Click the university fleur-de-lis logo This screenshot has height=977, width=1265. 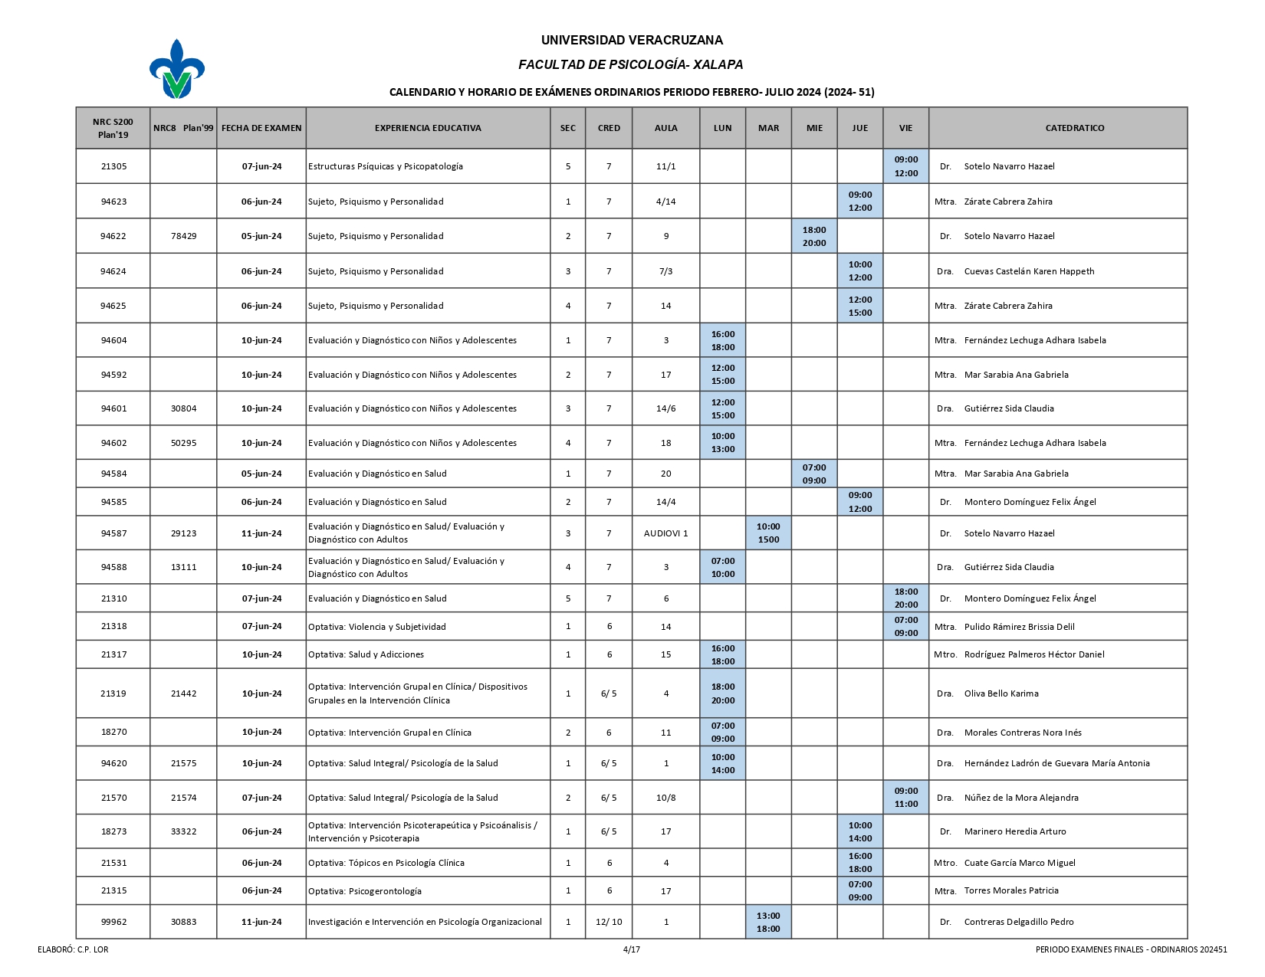(x=177, y=70)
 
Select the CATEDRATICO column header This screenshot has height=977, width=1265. (x=1074, y=128)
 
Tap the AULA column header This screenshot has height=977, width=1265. (x=665, y=128)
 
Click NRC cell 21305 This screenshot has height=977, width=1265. (x=114, y=166)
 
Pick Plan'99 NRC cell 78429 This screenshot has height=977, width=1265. (x=184, y=236)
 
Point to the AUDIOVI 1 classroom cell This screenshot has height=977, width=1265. (x=665, y=533)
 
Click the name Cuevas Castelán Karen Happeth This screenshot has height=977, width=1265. (x=1029, y=271)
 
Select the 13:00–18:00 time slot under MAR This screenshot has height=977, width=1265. (x=768, y=922)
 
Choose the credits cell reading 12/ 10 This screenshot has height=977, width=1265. (x=609, y=922)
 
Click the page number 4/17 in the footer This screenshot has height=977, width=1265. (x=632, y=949)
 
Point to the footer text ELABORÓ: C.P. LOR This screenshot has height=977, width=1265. (x=73, y=949)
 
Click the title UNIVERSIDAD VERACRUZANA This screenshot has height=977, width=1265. (x=632, y=41)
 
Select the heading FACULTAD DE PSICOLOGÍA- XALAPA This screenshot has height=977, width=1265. (x=630, y=65)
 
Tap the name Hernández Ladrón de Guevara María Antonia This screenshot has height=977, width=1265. (x=1056, y=763)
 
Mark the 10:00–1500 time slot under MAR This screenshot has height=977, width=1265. (x=768, y=533)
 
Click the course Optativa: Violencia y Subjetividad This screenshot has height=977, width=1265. (x=376, y=627)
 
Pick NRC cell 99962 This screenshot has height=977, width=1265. (x=114, y=922)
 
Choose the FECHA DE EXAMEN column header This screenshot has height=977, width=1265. (x=261, y=128)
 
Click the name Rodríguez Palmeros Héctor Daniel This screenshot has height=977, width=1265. (x=1034, y=654)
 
